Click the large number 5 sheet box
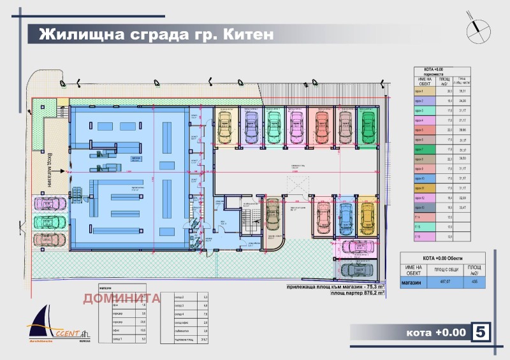coord(481,332)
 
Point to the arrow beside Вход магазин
coord(59,171)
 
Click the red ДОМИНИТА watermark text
coord(121,298)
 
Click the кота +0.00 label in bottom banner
coord(434,333)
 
